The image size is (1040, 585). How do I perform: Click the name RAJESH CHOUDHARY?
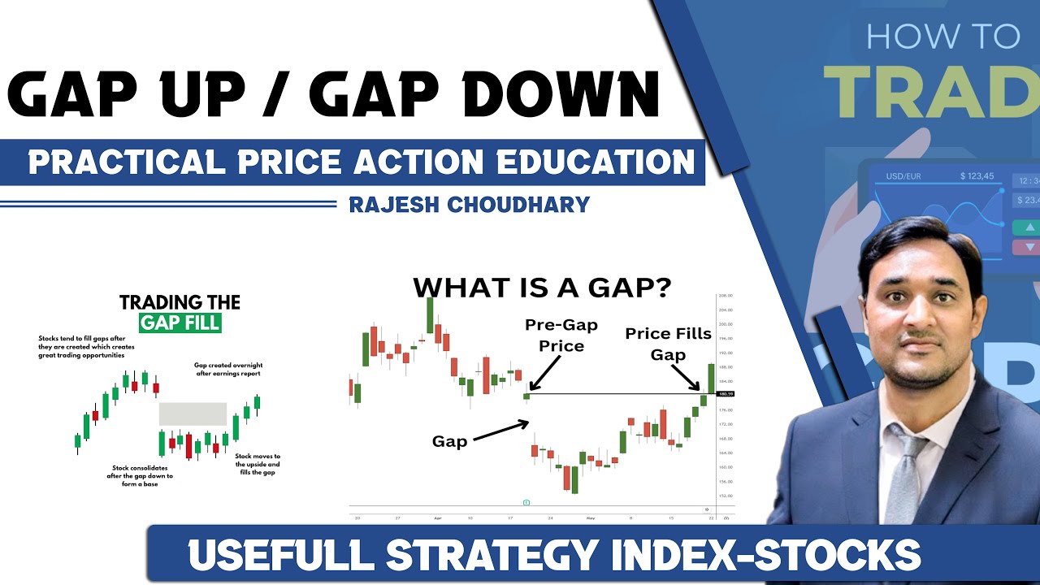point(469,204)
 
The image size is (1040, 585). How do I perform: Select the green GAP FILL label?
point(180,323)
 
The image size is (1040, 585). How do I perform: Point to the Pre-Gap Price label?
point(561,335)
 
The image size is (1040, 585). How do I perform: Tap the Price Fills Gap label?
point(667,344)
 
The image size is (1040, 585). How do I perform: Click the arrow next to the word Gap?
point(500,431)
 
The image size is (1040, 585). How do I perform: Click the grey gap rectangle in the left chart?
point(193,414)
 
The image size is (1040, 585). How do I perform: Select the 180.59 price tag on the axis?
point(726,394)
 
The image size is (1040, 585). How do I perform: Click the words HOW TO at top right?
point(942,37)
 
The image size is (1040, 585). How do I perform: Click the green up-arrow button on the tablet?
point(1029,227)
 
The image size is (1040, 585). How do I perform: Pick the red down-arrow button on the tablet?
point(1029,247)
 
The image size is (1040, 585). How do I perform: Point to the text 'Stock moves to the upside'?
point(258,461)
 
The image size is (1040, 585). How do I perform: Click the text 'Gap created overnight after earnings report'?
point(228,370)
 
